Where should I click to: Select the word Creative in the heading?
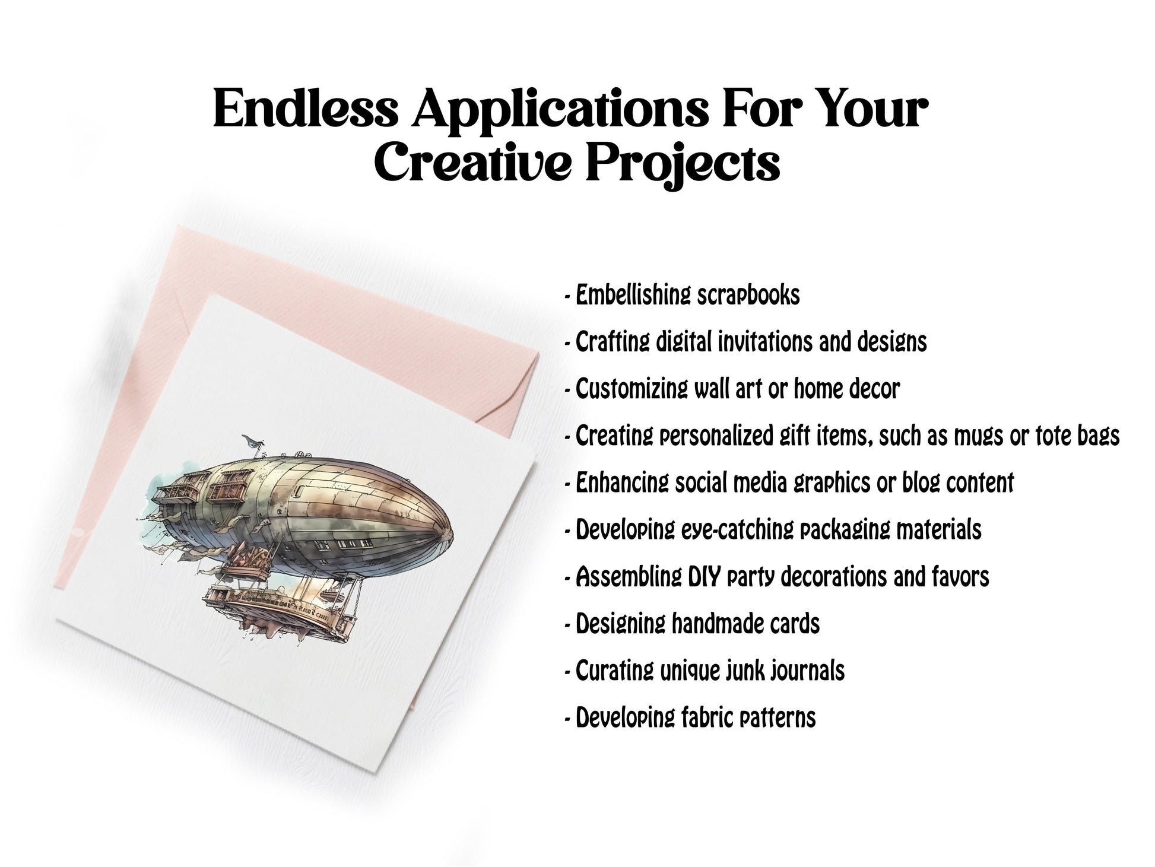coord(475,161)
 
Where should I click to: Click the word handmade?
coord(717,624)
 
